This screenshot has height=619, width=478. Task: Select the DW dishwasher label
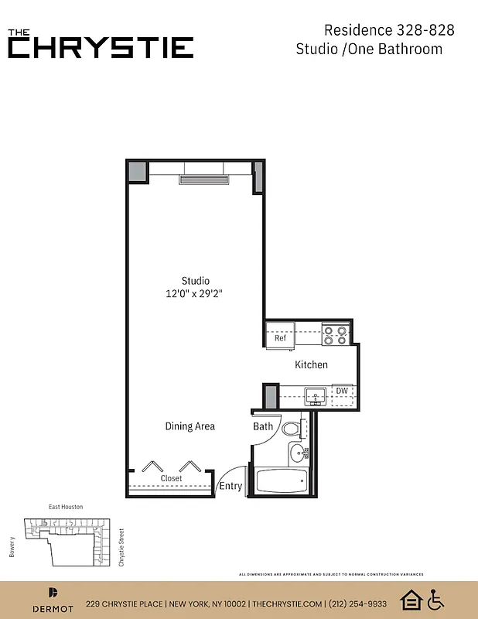[x=341, y=391]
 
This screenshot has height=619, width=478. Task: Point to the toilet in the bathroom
[x=292, y=428]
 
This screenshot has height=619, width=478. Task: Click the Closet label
[x=171, y=478]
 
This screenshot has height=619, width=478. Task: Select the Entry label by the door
[x=230, y=487]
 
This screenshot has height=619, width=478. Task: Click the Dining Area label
[x=190, y=426]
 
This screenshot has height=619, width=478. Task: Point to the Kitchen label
[x=311, y=364]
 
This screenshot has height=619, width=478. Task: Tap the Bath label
[x=263, y=426]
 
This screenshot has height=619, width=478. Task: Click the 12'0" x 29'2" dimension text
[x=196, y=293]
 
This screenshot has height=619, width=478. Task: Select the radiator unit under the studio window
[x=204, y=180]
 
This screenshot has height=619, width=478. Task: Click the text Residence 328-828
[x=388, y=30]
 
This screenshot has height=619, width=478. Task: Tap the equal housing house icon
[x=410, y=600]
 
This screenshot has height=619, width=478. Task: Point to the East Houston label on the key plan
[x=66, y=507]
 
